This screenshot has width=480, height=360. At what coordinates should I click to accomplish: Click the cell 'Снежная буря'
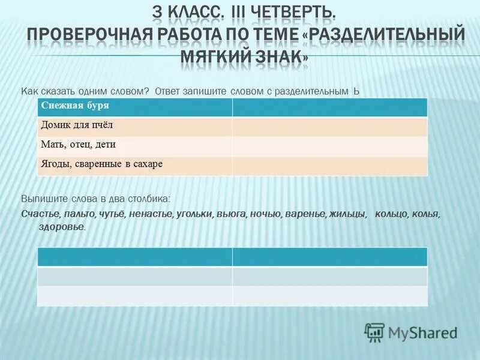(134, 107)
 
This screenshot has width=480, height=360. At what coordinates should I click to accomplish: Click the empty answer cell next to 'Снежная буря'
(329, 107)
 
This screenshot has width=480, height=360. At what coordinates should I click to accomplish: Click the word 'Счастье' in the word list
(40, 214)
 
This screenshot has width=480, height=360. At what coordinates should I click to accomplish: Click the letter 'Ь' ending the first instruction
(356, 91)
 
